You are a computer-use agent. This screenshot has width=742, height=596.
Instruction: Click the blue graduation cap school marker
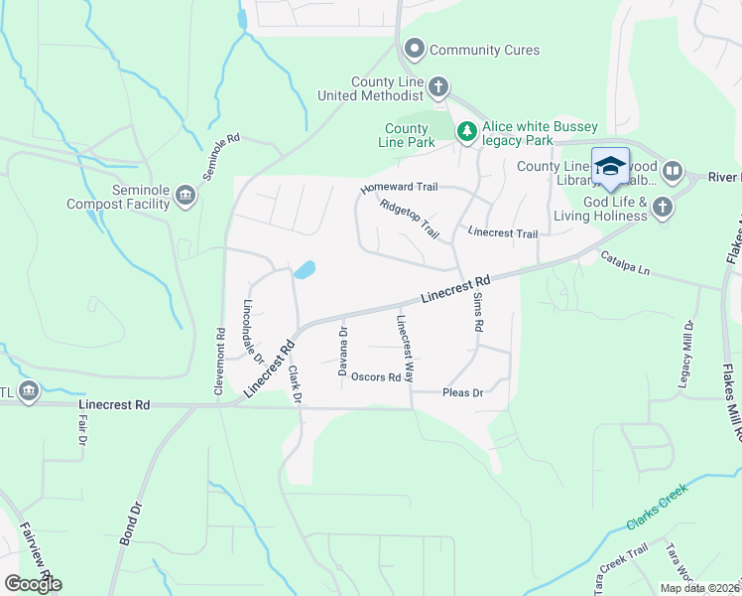[610, 166]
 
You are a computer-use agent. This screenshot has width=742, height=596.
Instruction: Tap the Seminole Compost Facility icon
[185, 196]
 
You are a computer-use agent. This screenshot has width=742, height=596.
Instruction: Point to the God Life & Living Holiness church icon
[662, 207]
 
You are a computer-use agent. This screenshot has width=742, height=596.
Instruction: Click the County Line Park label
[408, 136]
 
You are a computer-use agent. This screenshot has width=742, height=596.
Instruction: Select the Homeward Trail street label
[399, 188]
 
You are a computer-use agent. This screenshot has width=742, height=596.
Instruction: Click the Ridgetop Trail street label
[409, 218]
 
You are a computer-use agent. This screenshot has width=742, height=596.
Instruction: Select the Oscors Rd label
[376, 377]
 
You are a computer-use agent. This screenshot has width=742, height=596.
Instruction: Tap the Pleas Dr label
[461, 393]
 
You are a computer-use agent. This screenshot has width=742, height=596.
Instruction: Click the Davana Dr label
[342, 352]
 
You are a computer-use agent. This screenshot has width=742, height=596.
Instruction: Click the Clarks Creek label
[656, 509]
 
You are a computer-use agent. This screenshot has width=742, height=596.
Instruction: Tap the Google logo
[33, 584]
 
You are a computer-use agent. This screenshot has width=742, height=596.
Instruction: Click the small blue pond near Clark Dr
[305, 269]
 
